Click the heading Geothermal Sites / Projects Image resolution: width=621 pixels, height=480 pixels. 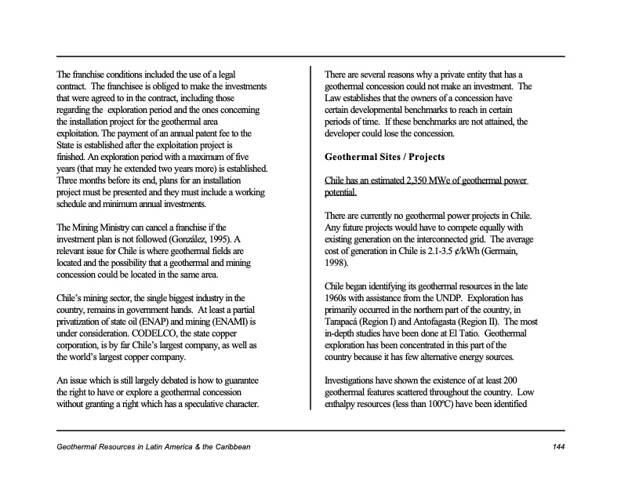click(384, 157)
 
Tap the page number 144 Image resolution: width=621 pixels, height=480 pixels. click(557, 446)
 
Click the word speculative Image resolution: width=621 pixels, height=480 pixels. click(203, 405)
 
